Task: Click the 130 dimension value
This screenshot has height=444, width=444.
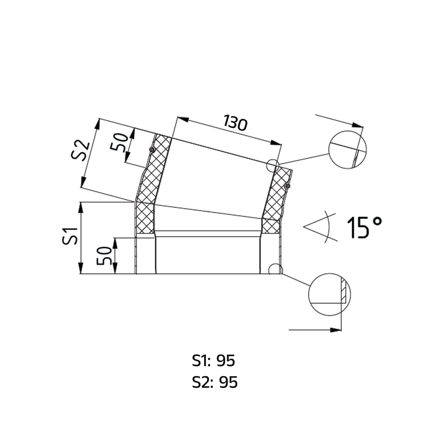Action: tap(235, 123)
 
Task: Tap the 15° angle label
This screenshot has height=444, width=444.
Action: tap(364, 227)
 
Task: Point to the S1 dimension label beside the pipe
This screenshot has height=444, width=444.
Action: tap(70, 236)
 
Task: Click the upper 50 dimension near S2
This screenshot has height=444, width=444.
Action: tap(119, 142)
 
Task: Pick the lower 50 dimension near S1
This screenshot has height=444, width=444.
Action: tap(104, 256)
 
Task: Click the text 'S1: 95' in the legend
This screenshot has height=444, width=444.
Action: tap(213, 361)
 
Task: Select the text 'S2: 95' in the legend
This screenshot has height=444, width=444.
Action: tap(215, 382)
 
